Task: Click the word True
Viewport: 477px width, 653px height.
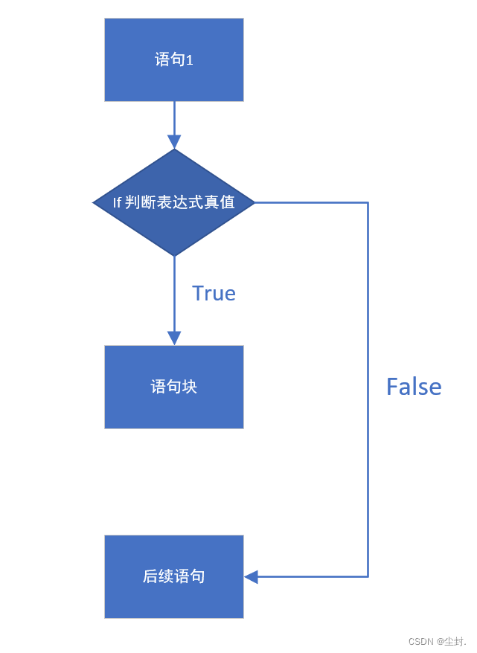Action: pos(214,294)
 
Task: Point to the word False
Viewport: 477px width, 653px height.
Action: pos(414,387)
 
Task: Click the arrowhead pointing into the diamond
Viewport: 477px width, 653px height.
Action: pos(174,141)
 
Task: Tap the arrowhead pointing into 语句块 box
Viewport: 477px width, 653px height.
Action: pos(174,338)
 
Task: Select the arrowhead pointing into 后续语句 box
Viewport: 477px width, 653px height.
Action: pos(252,576)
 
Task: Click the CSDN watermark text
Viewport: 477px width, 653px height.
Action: pos(438,641)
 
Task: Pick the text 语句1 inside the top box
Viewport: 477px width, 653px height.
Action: pos(174,60)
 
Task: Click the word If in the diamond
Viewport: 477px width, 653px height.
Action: pos(117,203)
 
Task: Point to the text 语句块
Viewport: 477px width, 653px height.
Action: pos(174,387)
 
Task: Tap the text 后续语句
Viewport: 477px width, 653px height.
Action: pos(174,576)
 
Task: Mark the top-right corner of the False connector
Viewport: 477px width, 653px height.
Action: pos(368,202)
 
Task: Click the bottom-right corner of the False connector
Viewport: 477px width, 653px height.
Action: pos(368,576)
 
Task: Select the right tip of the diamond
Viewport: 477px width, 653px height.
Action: pos(254,202)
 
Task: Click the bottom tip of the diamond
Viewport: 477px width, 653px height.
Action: pos(174,255)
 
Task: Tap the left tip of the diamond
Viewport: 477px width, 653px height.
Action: pos(95,202)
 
